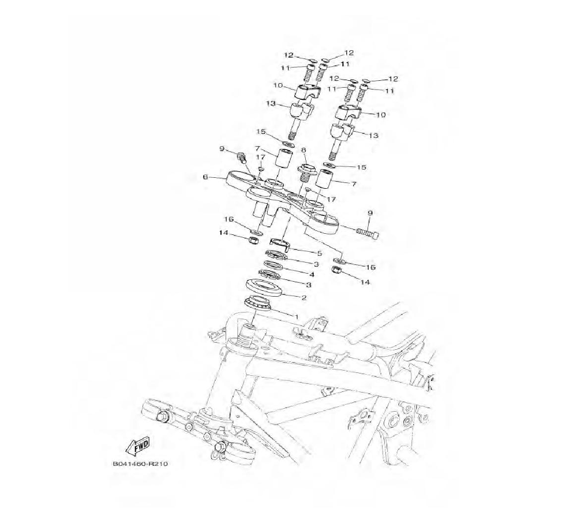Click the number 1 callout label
pyautogui.click(x=296, y=316)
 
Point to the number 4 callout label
pyautogui.click(x=312, y=274)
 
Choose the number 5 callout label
pyautogui.click(x=319, y=253)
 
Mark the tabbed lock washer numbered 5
pyautogui.click(x=280, y=242)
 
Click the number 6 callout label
pyautogui.click(x=205, y=177)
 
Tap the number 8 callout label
pyautogui.click(x=304, y=150)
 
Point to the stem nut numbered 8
pyautogui.click(x=305, y=171)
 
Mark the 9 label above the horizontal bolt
pyautogui.click(x=370, y=213)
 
